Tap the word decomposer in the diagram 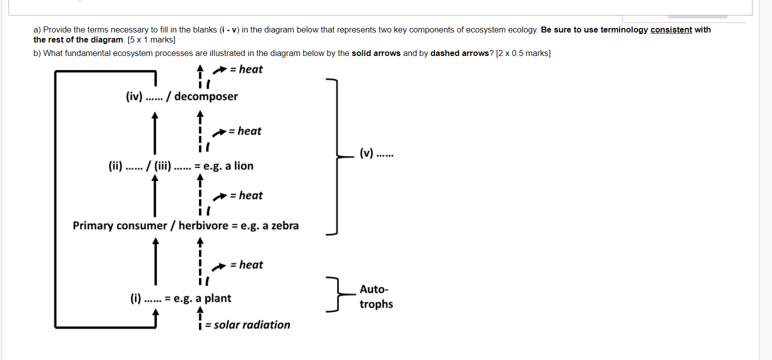(x=206, y=96)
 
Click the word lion (x=243, y=166)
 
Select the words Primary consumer (x=120, y=225)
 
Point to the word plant (x=218, y=298)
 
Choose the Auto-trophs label (x=376, y=296)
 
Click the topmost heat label (x=250, y=69)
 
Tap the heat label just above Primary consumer (x=250, y=195)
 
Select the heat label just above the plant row (x=251, y=264)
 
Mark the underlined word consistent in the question (x=671, y=29)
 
